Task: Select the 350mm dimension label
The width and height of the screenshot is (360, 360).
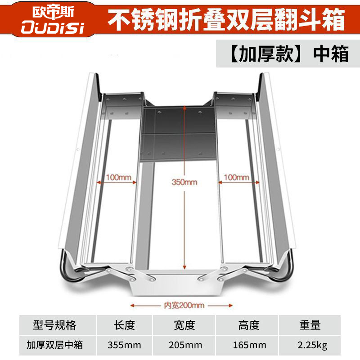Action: pos(184,182)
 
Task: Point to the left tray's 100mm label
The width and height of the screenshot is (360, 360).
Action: pos(118,177)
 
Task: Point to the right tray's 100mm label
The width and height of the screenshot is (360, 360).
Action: pos(236,177)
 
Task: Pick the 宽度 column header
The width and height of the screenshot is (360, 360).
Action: pos(184,325)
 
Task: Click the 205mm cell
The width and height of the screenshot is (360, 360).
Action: pos(184,345)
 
